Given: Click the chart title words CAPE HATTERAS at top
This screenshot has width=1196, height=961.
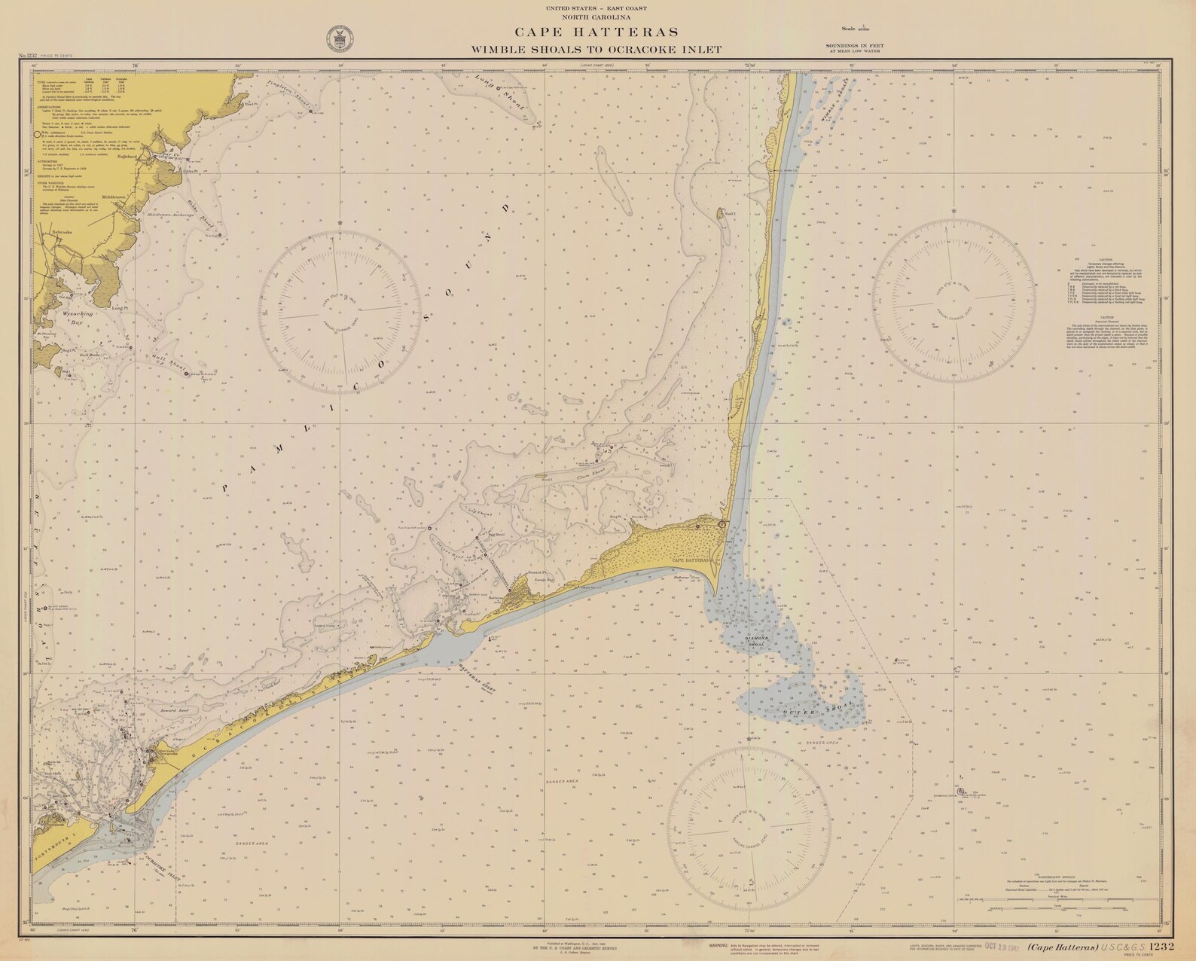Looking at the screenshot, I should click(x=596, y=32).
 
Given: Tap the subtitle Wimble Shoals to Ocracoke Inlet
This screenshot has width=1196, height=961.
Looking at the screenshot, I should click(x=596, y=49).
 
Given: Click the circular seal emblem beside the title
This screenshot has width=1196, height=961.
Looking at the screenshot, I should click(x=336, y=39).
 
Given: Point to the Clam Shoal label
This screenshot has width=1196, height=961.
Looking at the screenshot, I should click(x=591, y=477).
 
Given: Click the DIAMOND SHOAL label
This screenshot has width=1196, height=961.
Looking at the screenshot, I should click(x=755, y=640).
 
